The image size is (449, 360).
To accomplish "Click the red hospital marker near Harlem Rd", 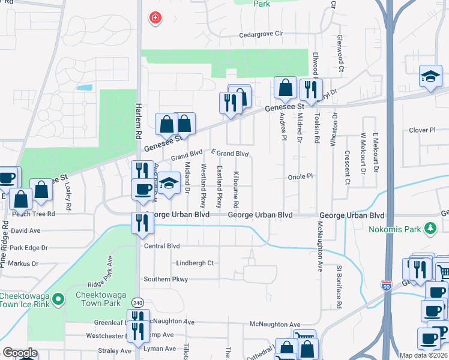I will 155,18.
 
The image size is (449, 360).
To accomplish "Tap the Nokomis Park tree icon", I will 430,228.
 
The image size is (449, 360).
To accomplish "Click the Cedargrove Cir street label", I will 261,34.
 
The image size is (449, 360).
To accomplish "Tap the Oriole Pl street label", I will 301,176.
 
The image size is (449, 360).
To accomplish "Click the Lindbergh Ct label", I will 195,263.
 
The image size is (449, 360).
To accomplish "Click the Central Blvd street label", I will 161,245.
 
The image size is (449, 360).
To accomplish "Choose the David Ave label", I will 25,230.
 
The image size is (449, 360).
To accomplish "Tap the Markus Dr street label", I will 23,263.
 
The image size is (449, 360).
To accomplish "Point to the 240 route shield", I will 138,303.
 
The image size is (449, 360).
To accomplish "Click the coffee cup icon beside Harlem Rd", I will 143,190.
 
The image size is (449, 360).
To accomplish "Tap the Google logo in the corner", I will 20,353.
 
